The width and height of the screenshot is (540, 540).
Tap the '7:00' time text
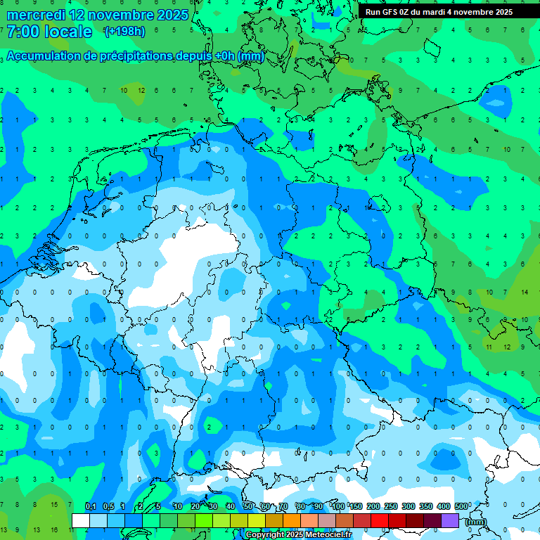coord(22,32)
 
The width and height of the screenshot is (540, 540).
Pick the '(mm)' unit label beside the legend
coord(476,522)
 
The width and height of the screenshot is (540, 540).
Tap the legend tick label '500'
coord(461,507)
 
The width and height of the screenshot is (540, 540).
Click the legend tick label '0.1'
coord(90,507)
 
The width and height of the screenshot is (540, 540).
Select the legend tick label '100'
coord(338,507)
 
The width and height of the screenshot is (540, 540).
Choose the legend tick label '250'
coord(391,507)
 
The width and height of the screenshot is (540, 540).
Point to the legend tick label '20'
coord(195,507)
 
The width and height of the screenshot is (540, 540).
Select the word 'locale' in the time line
coord(68,32)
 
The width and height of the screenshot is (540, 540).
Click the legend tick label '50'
coord(248,507)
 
